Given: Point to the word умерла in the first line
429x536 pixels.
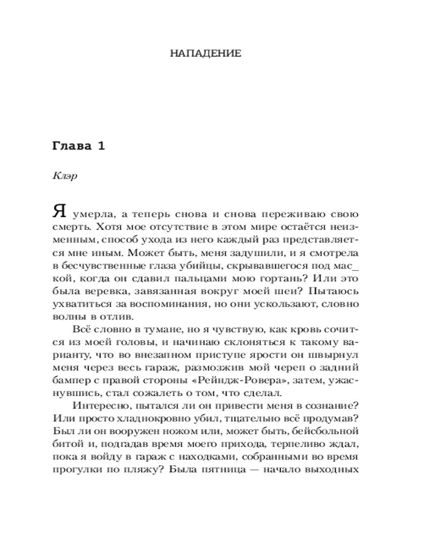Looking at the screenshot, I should point(94,214).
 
